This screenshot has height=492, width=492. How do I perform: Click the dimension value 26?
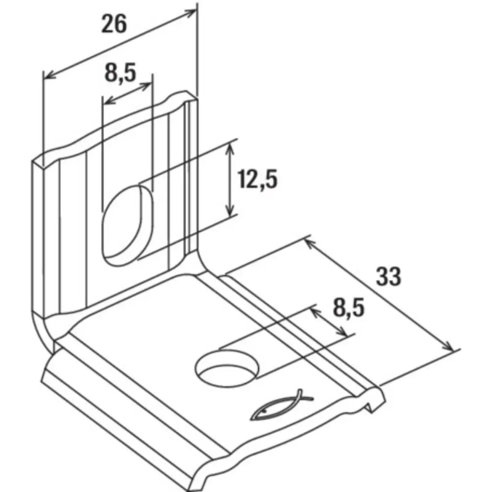pyautogui.click(x=114, y=24)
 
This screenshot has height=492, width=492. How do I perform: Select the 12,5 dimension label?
pyautogui.click(x=257, y=179)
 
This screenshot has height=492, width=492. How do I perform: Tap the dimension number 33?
pyautogui.click(x=389, y=276)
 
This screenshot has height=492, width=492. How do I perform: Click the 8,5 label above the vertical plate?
pyautogui.click(x=120, y=72)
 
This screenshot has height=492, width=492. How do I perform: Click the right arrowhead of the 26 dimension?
pyautogui.click(x=189, y=13)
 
